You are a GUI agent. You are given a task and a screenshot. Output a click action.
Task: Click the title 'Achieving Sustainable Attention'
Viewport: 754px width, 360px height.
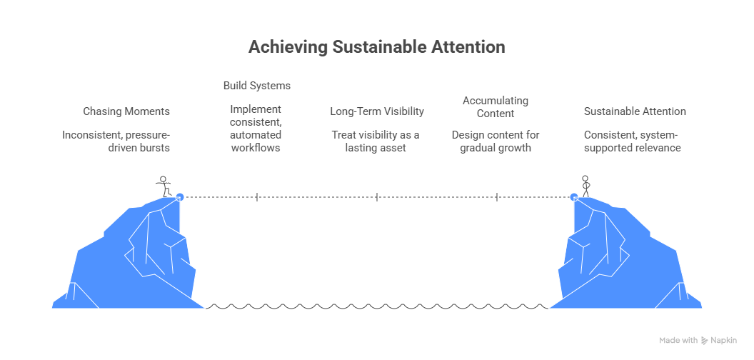(x=376, y=47)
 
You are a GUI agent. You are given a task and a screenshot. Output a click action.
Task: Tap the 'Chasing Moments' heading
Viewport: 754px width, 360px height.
(x=126, y=111)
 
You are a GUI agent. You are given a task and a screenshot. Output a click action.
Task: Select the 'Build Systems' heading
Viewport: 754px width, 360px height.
(x=256, y=86)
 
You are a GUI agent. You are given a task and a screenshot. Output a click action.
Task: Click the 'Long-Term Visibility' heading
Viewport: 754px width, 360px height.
(x=376, y=111)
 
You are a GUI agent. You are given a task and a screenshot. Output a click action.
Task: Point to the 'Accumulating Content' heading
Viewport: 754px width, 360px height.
(x=495, y=106)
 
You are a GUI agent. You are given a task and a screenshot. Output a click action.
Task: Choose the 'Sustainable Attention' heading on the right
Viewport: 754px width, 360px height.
(x=635, y=111)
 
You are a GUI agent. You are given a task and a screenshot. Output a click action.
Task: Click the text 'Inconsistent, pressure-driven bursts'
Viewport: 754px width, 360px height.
(x=116, y=141)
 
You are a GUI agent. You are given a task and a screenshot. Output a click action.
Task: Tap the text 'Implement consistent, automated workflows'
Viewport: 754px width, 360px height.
(x=256, y=129)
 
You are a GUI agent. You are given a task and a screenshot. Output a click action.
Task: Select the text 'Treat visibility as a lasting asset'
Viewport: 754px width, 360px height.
(x=375, y=141)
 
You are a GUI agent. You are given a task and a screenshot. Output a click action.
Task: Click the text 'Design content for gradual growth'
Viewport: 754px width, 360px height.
(x=496, y=141)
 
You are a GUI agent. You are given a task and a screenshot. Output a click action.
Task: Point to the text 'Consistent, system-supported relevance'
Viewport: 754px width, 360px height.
(x=633, y=141)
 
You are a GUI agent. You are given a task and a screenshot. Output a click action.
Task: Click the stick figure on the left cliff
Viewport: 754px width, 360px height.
(x=164, y=186)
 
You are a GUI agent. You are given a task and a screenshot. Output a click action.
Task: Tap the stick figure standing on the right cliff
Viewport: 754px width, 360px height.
(x=585, y=186)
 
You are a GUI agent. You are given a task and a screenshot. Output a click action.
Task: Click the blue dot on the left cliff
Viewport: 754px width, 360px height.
(x=180, y=196)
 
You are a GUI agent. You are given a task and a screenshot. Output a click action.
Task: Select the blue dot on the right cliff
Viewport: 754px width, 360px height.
(x=573, y=196)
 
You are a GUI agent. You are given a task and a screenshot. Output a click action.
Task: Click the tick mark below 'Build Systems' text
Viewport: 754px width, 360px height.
(x=257, y=196)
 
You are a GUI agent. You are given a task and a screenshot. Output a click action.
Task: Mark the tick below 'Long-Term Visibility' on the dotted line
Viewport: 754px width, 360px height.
(x=377, y=196)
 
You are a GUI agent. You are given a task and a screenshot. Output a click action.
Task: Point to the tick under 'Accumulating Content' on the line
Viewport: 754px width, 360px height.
(x=497, y=196)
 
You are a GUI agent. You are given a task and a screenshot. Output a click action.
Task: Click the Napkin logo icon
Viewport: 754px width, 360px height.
(x=704, y=341)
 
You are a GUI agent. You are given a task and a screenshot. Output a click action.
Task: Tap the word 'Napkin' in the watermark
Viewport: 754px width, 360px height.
(x=723, y=341)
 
